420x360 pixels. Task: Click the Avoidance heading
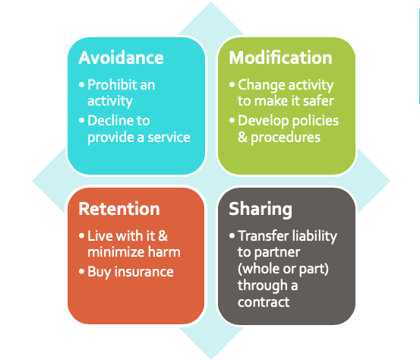121,58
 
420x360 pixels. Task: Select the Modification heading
280,58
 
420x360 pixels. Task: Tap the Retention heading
119,209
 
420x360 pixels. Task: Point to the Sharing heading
261,210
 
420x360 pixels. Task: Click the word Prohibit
112,85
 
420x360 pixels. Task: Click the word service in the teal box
169,137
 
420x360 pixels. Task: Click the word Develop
262,122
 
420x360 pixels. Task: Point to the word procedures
286,138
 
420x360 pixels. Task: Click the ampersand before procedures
242,137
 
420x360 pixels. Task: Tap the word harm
164,252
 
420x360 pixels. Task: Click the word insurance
144,272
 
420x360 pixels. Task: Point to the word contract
264,302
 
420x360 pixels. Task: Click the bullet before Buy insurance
82,272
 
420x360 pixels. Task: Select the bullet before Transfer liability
232,235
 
